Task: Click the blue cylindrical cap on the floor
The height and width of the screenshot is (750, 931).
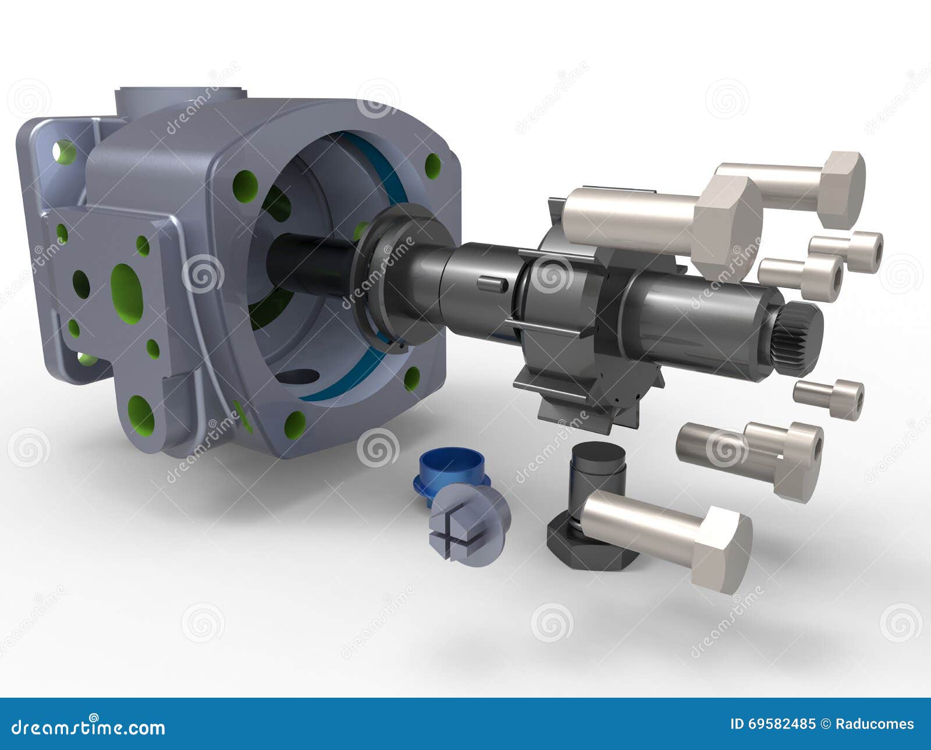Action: coord(452,470)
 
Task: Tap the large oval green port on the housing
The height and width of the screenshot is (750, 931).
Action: coord(126,292)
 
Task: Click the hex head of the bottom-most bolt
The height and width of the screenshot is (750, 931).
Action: coord(722,549)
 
